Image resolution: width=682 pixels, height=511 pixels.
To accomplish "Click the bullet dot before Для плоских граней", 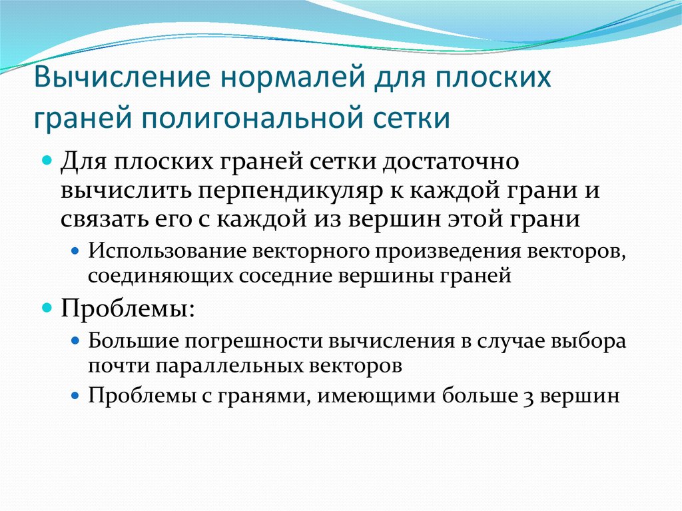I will [47, 162].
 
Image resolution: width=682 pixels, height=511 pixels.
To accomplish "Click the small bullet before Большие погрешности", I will [75, 342].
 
